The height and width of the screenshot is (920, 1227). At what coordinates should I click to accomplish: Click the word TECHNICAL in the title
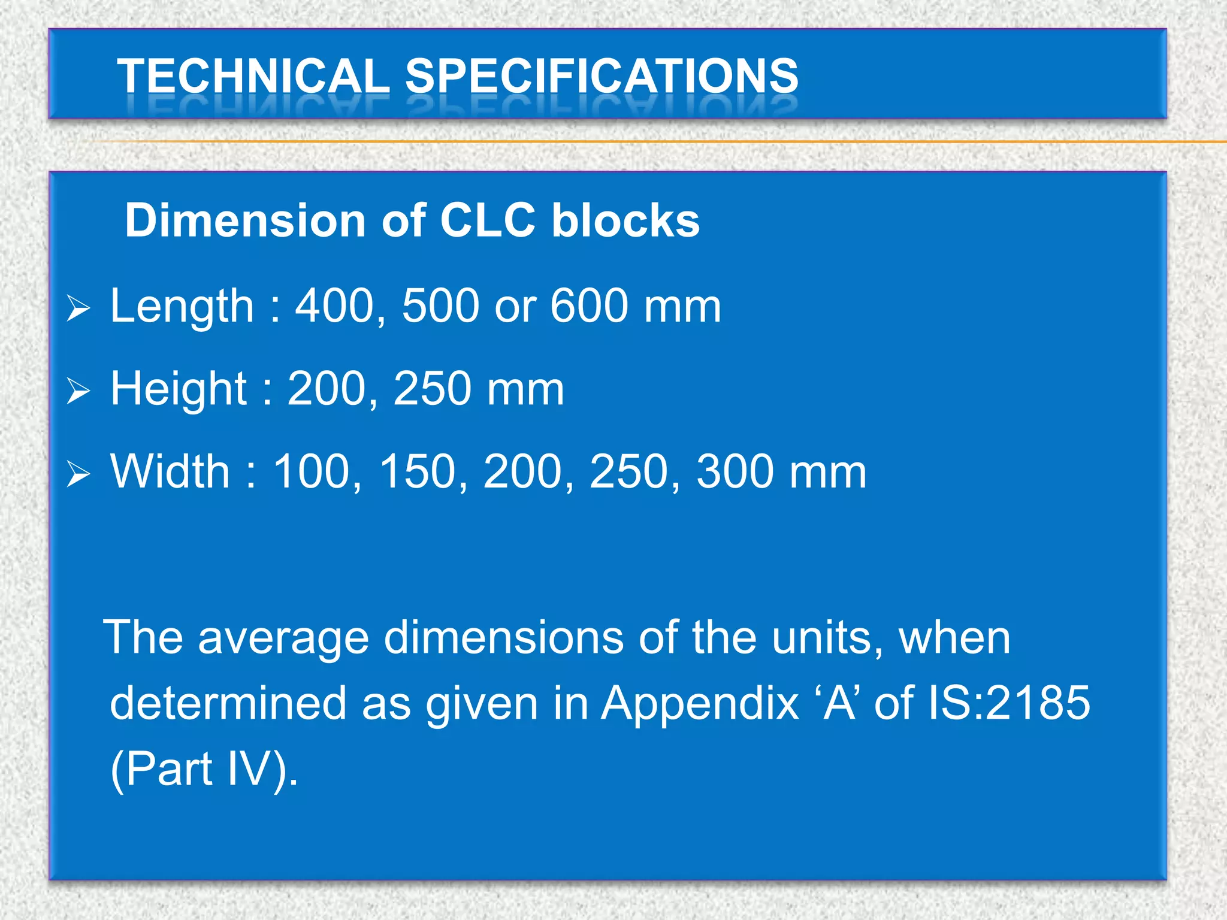point(253,76)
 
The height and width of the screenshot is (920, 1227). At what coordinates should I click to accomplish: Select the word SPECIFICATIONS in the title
point(602,76)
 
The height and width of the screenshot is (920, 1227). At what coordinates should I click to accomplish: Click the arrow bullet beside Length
point(78,308)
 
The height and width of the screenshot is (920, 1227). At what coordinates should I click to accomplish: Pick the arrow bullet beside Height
point(78,391)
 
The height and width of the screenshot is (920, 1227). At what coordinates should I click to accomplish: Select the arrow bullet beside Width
point(78,474)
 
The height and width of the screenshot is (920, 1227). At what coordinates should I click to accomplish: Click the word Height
point(179,388)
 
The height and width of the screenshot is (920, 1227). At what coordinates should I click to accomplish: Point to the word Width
point(170,471)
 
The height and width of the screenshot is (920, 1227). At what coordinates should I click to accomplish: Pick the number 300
point(736,471)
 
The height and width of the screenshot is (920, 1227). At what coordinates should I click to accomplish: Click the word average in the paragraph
point(283,638)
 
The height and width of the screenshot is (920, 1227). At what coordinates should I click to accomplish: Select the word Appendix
point(700,703)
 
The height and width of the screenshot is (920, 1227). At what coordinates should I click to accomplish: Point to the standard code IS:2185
point(1008,703)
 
